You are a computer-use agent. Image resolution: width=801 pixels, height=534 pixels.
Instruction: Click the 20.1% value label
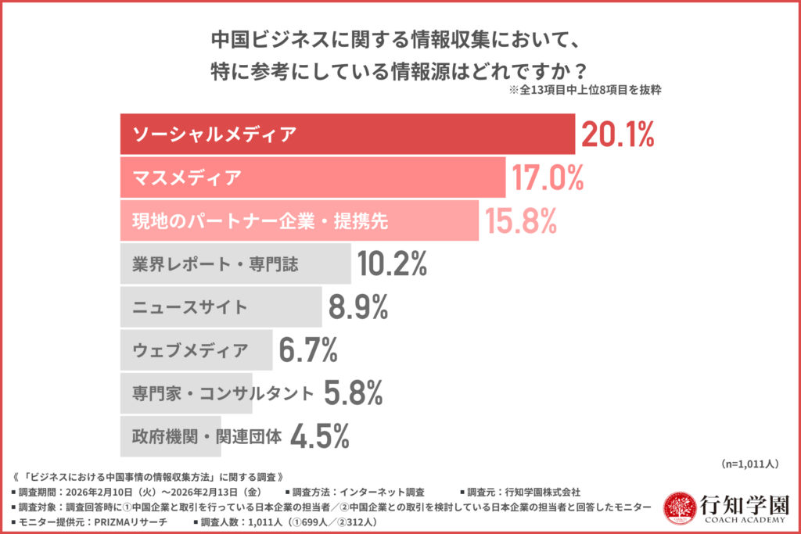617,134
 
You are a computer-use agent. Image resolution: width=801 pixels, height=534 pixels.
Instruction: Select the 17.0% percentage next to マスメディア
548,178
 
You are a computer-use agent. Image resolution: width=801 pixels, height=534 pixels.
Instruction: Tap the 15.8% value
520,221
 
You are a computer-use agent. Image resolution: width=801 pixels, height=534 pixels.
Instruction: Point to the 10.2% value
392,265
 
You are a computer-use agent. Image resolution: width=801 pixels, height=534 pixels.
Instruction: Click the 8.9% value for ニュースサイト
358,308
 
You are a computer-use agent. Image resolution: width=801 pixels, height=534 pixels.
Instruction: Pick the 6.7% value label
308,351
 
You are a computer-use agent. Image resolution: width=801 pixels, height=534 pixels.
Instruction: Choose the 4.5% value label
319,437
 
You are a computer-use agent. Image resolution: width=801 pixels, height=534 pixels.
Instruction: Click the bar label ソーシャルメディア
214,134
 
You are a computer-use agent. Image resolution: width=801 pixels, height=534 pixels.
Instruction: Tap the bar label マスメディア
186,178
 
